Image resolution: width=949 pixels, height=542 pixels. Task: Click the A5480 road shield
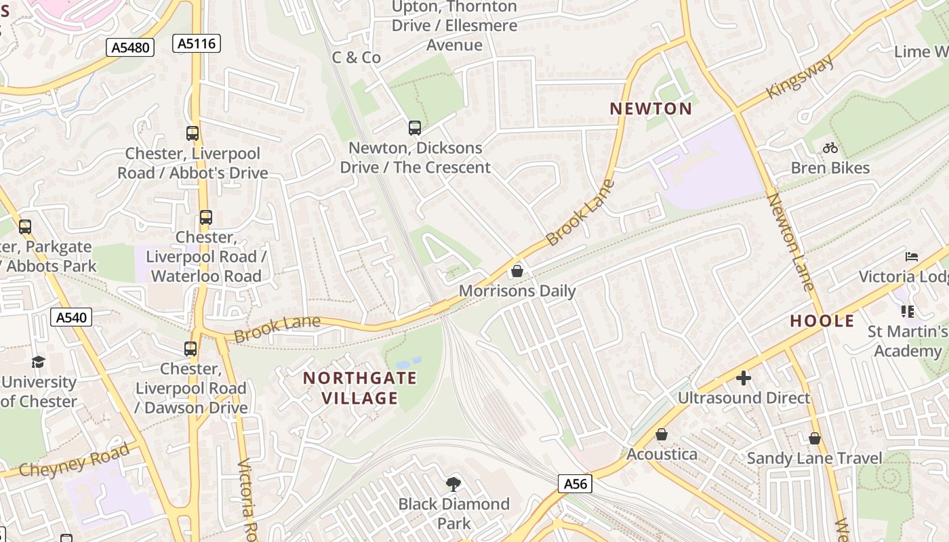point(131,47)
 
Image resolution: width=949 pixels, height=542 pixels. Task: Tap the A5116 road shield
point(197,44)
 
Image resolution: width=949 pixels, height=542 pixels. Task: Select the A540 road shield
point(70,316)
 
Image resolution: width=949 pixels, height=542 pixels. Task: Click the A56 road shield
point(575,484)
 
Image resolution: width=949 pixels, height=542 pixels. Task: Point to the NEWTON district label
point(651,108)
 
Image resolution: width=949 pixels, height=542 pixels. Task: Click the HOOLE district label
point(822,320)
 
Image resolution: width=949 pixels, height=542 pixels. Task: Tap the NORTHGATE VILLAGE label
point(360,388)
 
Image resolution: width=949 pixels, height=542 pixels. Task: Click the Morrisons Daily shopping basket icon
point(517,271)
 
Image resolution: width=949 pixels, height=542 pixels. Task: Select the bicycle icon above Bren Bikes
point(830,148)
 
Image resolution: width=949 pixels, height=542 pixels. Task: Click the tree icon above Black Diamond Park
point(453,484)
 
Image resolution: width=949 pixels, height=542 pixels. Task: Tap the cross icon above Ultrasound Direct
point(744,377)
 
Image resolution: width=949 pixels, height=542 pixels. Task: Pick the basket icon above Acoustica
point(661,434)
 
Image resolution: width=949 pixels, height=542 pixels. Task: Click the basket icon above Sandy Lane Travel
point(815,438)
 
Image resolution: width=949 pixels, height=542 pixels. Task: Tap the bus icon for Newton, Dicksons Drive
point(414,127)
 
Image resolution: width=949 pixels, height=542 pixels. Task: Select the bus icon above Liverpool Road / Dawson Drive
point(190,349)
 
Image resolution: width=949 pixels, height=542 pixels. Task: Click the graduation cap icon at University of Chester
point(38,362)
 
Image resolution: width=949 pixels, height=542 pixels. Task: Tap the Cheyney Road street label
point(74,461)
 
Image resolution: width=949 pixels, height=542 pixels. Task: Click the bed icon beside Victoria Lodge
point(912,257)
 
